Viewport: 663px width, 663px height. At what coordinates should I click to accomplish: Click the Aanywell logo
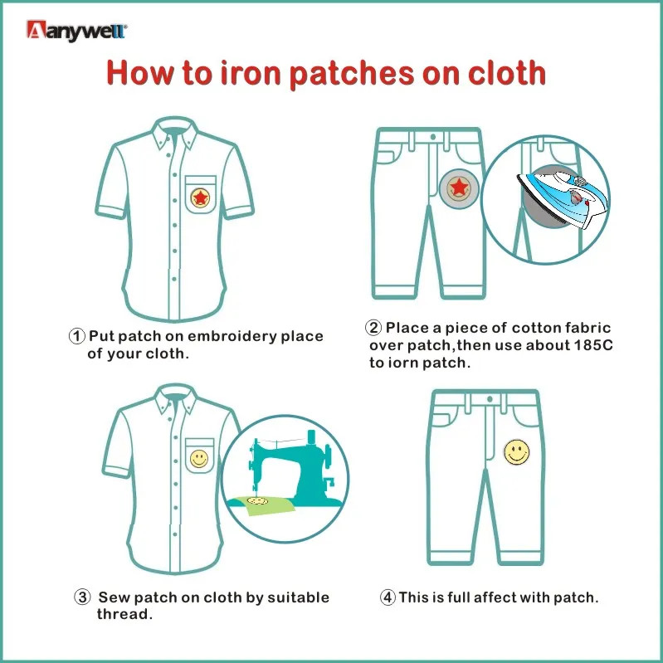(76, 31)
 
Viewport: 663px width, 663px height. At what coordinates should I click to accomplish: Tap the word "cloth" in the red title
(506, 73)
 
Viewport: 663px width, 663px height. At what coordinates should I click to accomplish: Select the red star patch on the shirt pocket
(200, 197)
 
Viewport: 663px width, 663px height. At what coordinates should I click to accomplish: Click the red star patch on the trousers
(459, 188)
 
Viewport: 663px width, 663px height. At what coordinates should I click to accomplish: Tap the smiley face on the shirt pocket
(198, 459)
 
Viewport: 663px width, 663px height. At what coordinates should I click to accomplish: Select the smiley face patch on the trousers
(517, 452)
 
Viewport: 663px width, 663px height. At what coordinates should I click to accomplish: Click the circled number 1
(76, 337)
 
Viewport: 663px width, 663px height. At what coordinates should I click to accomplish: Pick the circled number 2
(373, 328)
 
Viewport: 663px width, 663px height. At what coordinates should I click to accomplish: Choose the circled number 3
(82, 597)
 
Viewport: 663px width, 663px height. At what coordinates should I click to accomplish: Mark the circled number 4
(388, 598)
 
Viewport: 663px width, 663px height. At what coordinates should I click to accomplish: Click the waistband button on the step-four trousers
(490, 399)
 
